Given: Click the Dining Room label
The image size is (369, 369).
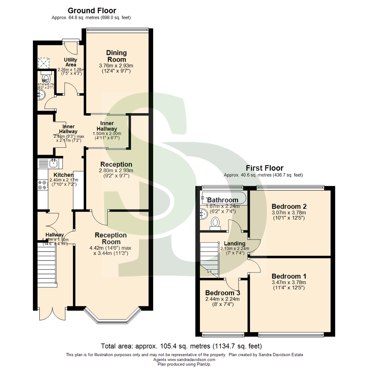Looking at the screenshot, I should [116, 56].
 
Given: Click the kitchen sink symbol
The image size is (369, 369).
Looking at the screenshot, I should [53, 163].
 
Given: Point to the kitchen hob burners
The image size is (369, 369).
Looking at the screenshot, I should [43, 185].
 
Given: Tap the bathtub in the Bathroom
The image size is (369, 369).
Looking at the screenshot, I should [223, 197].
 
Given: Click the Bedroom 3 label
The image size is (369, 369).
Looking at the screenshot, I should [222, 293].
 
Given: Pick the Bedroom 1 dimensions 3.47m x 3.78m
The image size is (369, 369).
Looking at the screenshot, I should [289, 283].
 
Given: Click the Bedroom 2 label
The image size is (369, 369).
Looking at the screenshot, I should [289, 206].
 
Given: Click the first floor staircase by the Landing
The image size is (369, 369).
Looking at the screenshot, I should [209, 258].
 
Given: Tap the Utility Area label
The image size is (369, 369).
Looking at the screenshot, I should [71, 62].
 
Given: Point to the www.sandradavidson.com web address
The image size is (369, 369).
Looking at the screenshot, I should [191, 359].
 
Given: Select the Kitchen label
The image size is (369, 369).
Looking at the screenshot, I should [61, 175].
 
